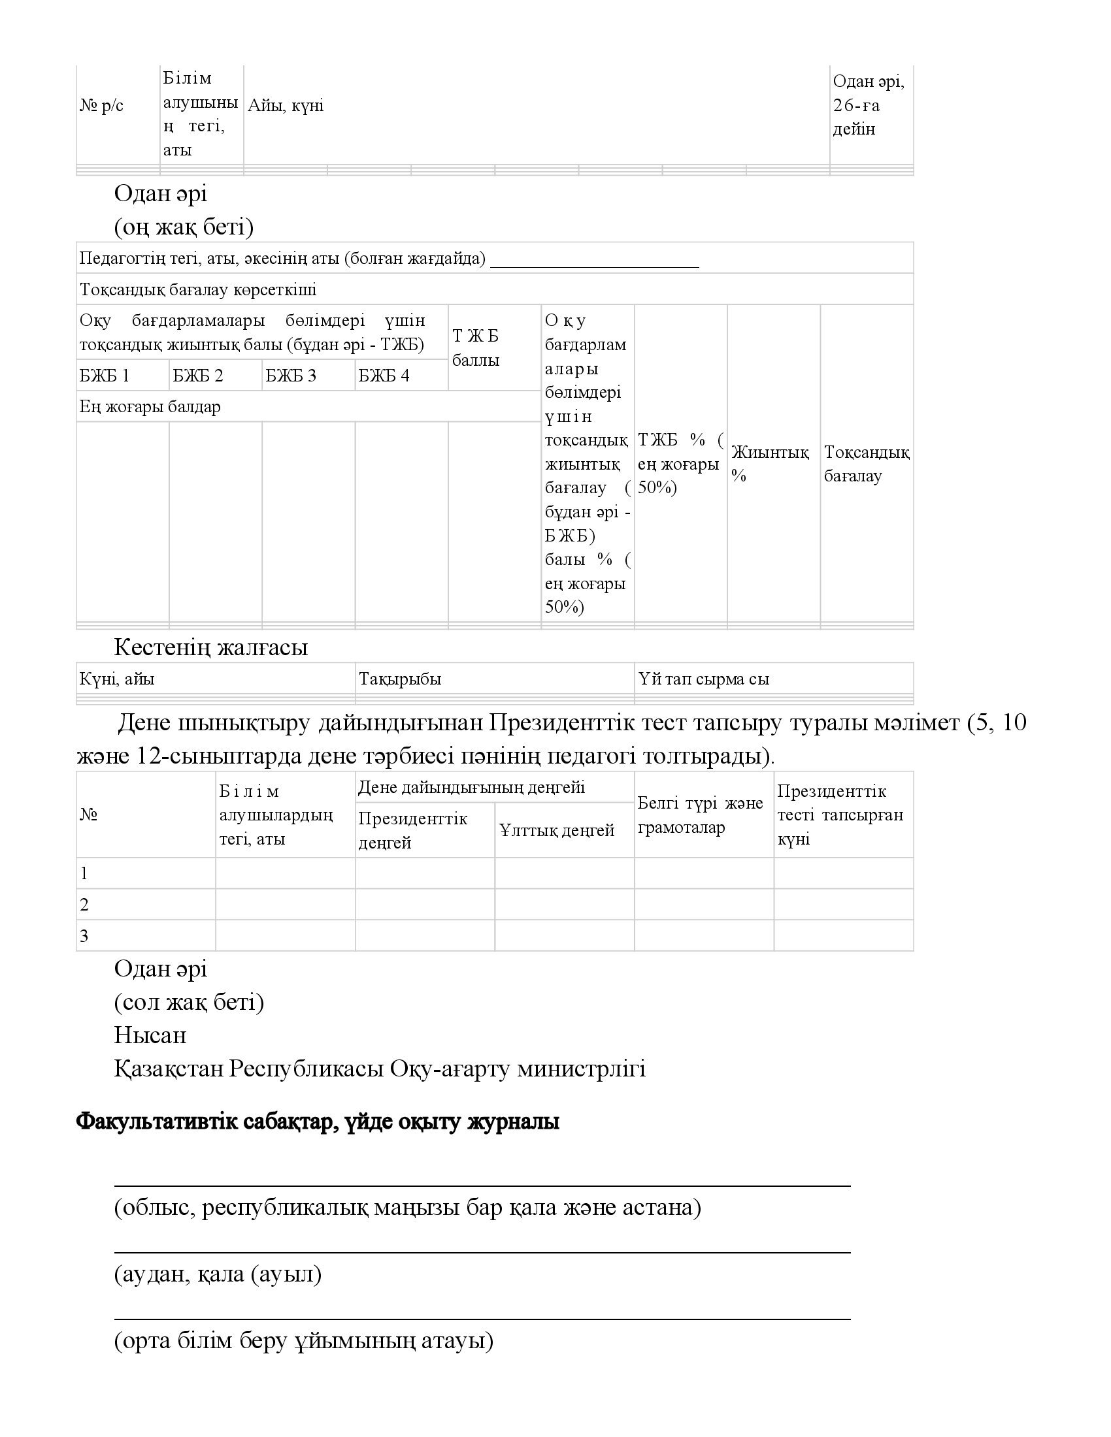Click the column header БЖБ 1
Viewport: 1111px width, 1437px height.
[x=105, y=376]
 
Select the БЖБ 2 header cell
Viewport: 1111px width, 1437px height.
[x=198, y=376]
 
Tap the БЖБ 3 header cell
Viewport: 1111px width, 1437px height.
[x=291, y=376]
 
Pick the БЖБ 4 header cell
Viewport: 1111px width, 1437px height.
[x=384, y=376]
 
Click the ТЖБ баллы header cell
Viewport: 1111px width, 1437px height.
[x=476, y=348]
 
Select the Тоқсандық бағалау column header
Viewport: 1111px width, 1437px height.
[x=866, y=464]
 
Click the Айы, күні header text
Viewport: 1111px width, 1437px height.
[x=286, y=106]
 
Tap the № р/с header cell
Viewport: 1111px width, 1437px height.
[x=101, y=106]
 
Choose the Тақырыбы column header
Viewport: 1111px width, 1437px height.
[x=400, y=679]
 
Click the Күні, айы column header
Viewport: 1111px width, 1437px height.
[x=117, y=679]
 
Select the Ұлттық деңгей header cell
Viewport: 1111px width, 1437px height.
[x=557, y=830]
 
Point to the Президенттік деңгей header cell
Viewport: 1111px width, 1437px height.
[x=412, y=830]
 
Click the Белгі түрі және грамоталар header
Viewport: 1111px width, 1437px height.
[x=701, y=815]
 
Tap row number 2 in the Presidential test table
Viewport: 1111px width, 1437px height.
[x=84, y=905]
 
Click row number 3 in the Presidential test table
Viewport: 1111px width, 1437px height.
[x=84, y=935]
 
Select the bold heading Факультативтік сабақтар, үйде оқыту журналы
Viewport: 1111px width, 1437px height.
[x=318, y=1122]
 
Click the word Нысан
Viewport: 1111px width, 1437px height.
[x=150, y=1035]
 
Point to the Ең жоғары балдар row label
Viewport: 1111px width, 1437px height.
[x=150, y=407]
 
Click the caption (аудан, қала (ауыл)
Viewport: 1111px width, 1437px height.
[x=218, y=1274]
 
